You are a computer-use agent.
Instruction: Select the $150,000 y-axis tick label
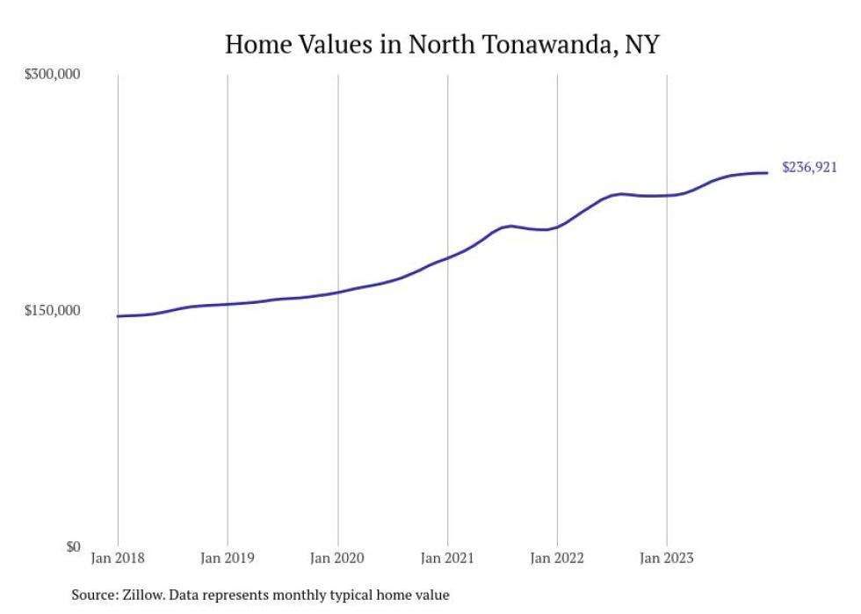pos(52,310)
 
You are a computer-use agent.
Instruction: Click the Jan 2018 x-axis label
pos(118,558)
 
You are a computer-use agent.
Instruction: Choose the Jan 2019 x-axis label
pos(228,558)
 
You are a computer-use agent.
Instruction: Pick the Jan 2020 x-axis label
pos(337,558)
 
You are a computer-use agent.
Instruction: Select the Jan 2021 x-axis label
pos(447,558)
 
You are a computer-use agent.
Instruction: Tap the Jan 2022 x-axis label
pos(557,558)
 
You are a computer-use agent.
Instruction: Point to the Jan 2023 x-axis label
pos(667,558)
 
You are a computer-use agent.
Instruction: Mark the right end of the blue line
pos(768,172)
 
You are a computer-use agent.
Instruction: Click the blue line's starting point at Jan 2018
pos(118,316)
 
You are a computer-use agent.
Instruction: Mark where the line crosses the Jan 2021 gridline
pos(447,258)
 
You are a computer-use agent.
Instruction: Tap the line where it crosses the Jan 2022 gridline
pos(557,228)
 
